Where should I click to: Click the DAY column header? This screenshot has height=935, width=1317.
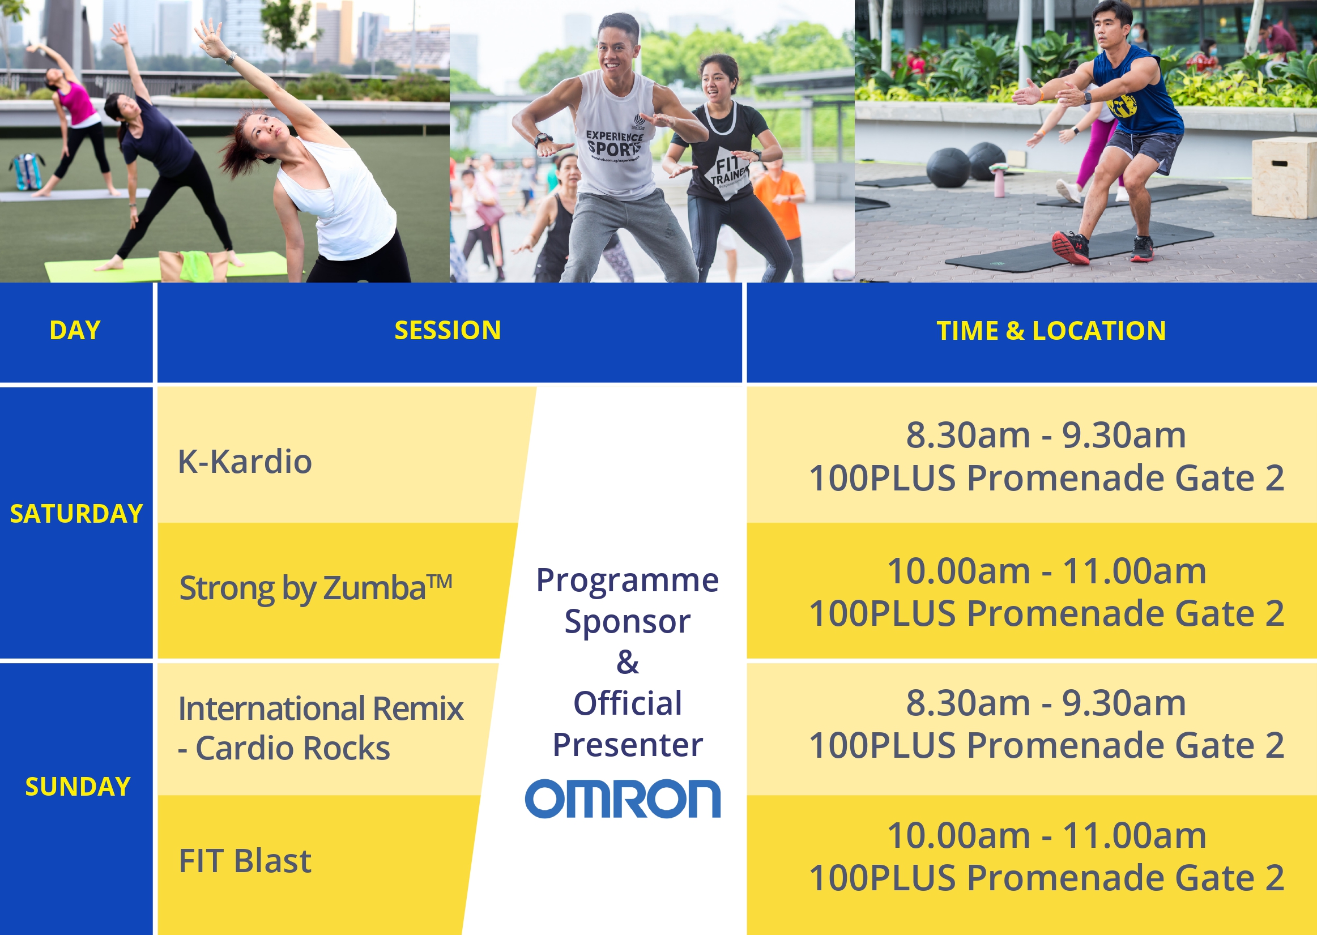(75, 331)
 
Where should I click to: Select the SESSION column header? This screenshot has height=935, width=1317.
(447, 331)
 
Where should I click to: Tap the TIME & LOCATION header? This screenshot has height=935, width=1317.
(1051, 331)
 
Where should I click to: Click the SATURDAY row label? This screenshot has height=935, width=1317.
(76, 514)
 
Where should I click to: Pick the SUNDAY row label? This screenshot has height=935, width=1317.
(78, 787)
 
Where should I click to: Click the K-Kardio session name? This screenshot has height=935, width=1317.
(245, 462)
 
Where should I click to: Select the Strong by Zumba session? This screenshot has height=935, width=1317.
(316, 588)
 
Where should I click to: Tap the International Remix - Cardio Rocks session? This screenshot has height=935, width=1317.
(320, 728)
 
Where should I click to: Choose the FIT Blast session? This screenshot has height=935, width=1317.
(245, 861)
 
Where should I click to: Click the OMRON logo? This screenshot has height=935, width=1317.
(623, 799)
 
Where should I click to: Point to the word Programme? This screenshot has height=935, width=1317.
(627, 580)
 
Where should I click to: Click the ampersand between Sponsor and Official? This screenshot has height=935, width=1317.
(627, 662)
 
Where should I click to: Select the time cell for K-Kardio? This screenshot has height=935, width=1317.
(1046, 456)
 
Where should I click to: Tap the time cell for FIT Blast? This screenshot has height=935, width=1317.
(1046, 856)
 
